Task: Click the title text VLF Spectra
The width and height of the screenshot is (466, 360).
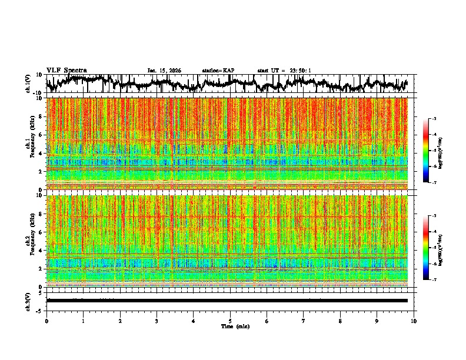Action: (66, 71)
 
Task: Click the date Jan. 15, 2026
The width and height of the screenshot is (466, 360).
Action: (164, 71)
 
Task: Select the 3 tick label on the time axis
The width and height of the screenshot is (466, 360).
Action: (157, 321)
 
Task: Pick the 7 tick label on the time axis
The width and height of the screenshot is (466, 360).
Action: (304, 321)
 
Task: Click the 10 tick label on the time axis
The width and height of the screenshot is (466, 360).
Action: (414, 321)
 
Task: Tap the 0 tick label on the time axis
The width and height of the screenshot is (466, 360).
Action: (46, 321)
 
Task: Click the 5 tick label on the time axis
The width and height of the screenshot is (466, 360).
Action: (230, 321)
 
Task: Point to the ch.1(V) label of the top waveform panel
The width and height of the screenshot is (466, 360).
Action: (28, 84)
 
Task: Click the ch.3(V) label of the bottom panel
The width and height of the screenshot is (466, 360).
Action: (28, 301)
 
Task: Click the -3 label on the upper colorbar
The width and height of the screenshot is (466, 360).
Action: (434, 119)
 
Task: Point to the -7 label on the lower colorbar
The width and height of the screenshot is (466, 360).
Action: (434, 280)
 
